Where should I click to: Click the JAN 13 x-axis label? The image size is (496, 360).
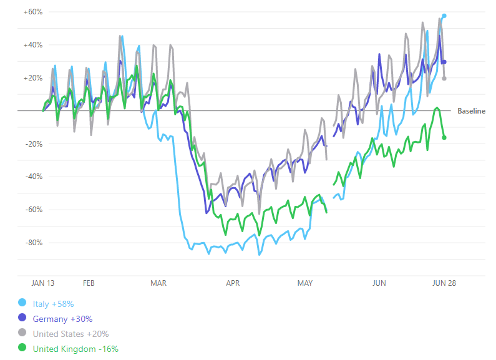tap(43, 283)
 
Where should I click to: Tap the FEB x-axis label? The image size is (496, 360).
tap(89, 283)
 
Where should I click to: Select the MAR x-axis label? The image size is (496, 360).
tap(158, 283)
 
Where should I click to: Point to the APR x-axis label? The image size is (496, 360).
tap(233, 283)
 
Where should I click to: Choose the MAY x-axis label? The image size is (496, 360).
tap(305, 283)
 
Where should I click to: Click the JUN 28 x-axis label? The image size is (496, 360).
tap(444, 283)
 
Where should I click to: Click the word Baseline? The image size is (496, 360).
tap(471, 111)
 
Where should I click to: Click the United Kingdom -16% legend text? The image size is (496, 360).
tap(75, 349)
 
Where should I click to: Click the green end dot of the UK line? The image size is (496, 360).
tap(444, 137)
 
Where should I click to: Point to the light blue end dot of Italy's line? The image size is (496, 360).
tap(444, 16)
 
